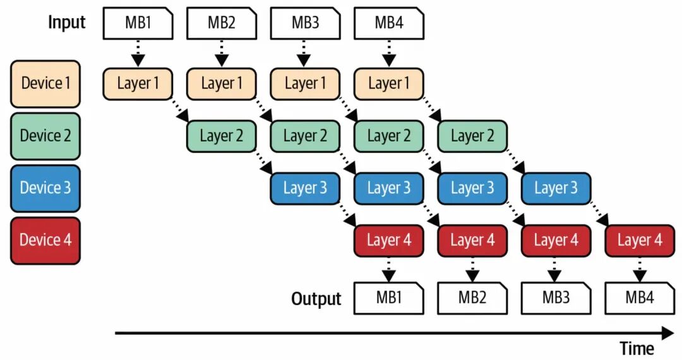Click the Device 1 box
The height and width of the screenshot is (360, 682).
tap(45, 84)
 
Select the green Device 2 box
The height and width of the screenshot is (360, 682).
tap(45, 136)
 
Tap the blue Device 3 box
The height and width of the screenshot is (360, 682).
tap(45, 188)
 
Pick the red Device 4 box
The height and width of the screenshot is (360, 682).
tap(45, 241)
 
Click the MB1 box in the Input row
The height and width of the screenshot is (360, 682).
tap(138, 23)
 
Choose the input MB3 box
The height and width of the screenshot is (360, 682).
tap(305, 23)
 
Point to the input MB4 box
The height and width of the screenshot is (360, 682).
tap(389, 23)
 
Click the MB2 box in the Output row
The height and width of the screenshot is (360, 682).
tap(472, 298)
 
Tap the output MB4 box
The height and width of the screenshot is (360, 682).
tap(640, 298)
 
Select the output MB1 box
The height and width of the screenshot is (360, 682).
tap(389, 298)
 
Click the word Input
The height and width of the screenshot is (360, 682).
tap(66, 23)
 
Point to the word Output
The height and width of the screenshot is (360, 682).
tap(316, 299)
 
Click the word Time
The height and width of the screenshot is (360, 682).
tap(637, 348)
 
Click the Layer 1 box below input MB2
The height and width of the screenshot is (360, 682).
tap(222, 84)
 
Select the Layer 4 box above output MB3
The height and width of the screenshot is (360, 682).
tap(556, 241)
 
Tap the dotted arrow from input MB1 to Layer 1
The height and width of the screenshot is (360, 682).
tap(138, 53)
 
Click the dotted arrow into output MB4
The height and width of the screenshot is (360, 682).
tap(640, 270)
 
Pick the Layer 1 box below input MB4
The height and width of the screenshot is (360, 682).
tap(389, 84)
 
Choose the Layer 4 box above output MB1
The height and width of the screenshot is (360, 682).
tap(389, 241)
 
